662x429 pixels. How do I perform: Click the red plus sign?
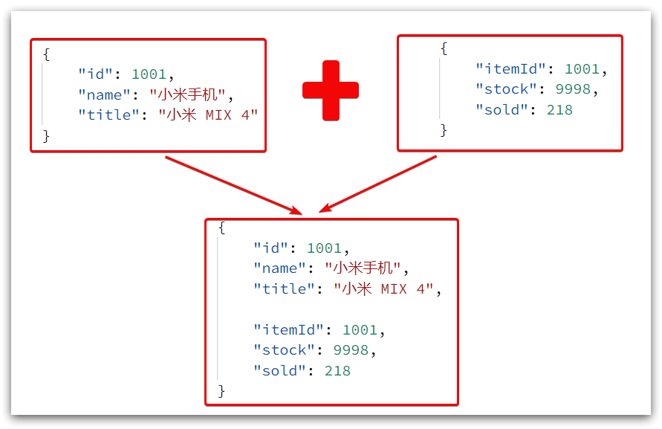click(x=331, y=90)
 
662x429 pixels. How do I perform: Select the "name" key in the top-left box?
click(x=105, y=94)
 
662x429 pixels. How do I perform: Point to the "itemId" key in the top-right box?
click(x=512, y=69)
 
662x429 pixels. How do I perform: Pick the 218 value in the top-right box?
click(x=559, y=109)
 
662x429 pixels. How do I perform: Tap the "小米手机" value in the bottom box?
click(x=366, y=268)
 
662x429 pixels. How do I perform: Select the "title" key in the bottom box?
click(x=285, y=289)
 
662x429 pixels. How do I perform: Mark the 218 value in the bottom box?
click(x=337, y=370)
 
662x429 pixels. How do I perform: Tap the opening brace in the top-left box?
click(x=46, y=54)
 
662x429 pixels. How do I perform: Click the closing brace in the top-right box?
click(x=444, y=130)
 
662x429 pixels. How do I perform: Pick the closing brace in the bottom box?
click(x=221, y=390)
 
